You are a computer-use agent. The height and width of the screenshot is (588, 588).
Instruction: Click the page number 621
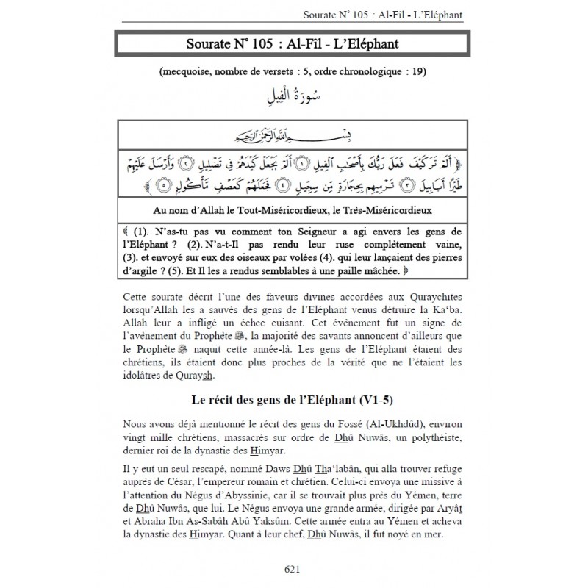click(x=294, y=567)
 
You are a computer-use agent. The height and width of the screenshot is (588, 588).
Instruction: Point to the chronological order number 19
click(x=418, y=72)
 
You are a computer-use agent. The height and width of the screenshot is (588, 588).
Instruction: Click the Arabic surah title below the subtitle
click(x=294, y=96)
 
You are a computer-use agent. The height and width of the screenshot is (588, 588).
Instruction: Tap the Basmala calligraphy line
click(x=294, y=135)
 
